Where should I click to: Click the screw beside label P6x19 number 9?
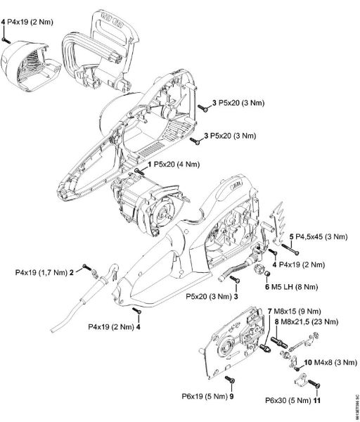233,380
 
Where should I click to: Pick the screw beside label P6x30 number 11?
314,385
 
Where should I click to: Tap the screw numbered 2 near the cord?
86,268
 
